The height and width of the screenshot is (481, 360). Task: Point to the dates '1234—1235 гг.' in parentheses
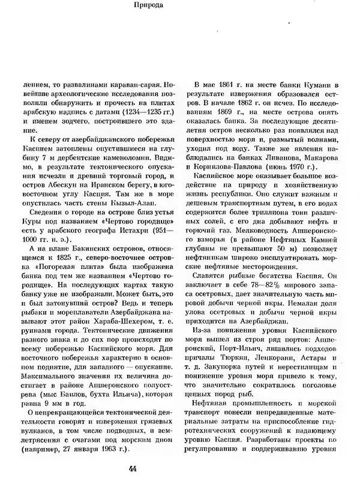(141, 113)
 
